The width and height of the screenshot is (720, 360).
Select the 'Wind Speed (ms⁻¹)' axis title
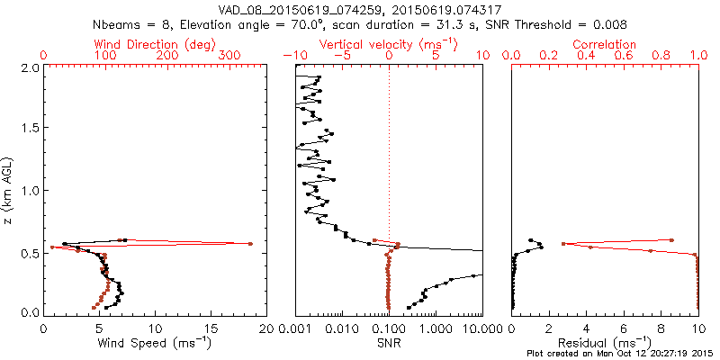(155, 342)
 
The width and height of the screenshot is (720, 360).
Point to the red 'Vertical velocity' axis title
(387, 44)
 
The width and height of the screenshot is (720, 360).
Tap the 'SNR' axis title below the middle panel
(388, 342)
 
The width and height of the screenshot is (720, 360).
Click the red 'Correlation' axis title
(605, 44)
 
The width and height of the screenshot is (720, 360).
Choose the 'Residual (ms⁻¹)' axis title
(605, 342)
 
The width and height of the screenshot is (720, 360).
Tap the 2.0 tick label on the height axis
(30, 67)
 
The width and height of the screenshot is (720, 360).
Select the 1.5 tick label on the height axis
(30, 129)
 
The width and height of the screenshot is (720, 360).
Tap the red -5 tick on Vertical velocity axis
(341, 56)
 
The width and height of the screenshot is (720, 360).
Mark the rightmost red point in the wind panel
(251, 244)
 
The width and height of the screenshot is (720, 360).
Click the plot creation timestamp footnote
(621, 353)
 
